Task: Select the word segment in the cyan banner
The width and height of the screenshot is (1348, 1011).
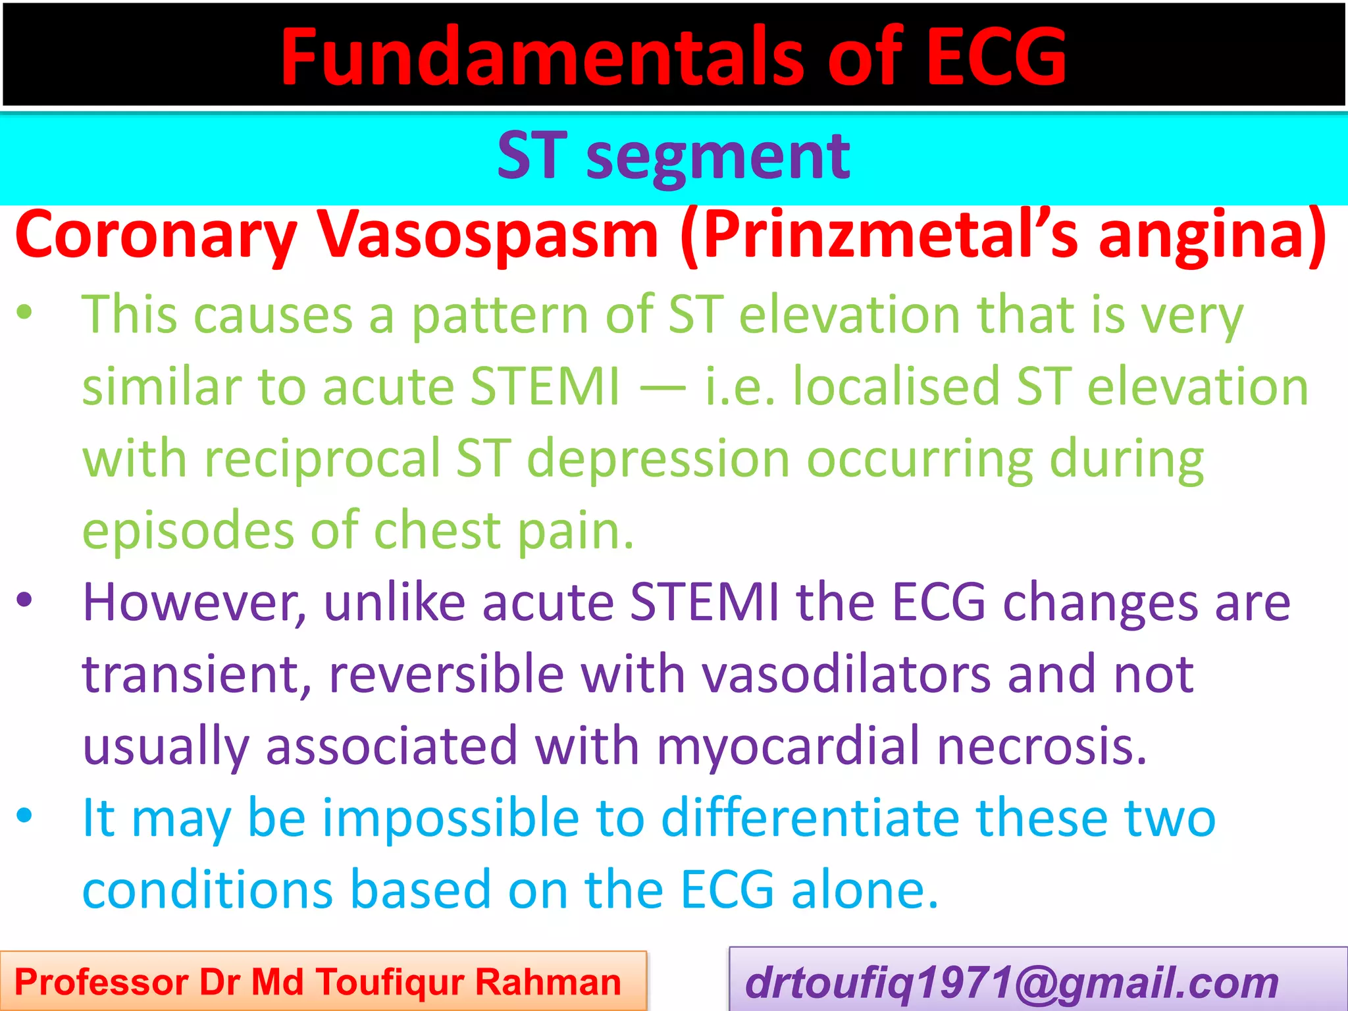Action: point(717,157)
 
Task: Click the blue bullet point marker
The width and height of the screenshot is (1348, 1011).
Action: point(24,816)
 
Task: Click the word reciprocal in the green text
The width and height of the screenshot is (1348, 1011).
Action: point(323,459)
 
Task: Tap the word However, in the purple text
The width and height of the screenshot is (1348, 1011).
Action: point(195,602)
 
